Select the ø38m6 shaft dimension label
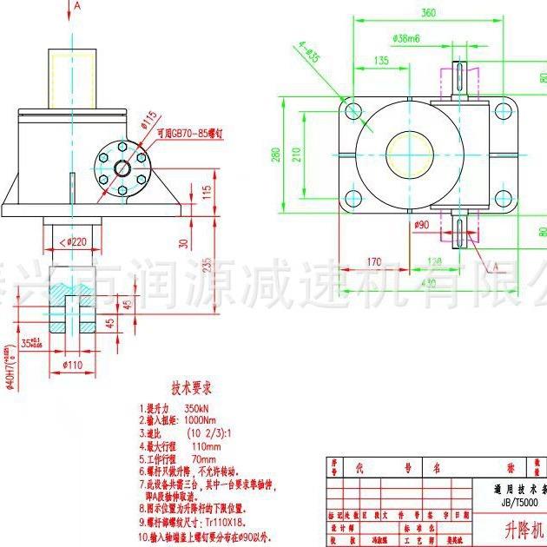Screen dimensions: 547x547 click(x=406, y=39)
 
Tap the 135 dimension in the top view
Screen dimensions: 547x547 click(x=381, y=61)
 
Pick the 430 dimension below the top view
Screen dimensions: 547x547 click(x=428, y=283)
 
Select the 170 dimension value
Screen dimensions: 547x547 click(x=374, y=260)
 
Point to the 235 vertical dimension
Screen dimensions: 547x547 click(x=208, y=265)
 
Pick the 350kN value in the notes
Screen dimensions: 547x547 click(x=201, y=407)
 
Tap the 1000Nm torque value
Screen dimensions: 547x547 click(x=207, y=419)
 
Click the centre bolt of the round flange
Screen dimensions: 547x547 click(x=120, y=165)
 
